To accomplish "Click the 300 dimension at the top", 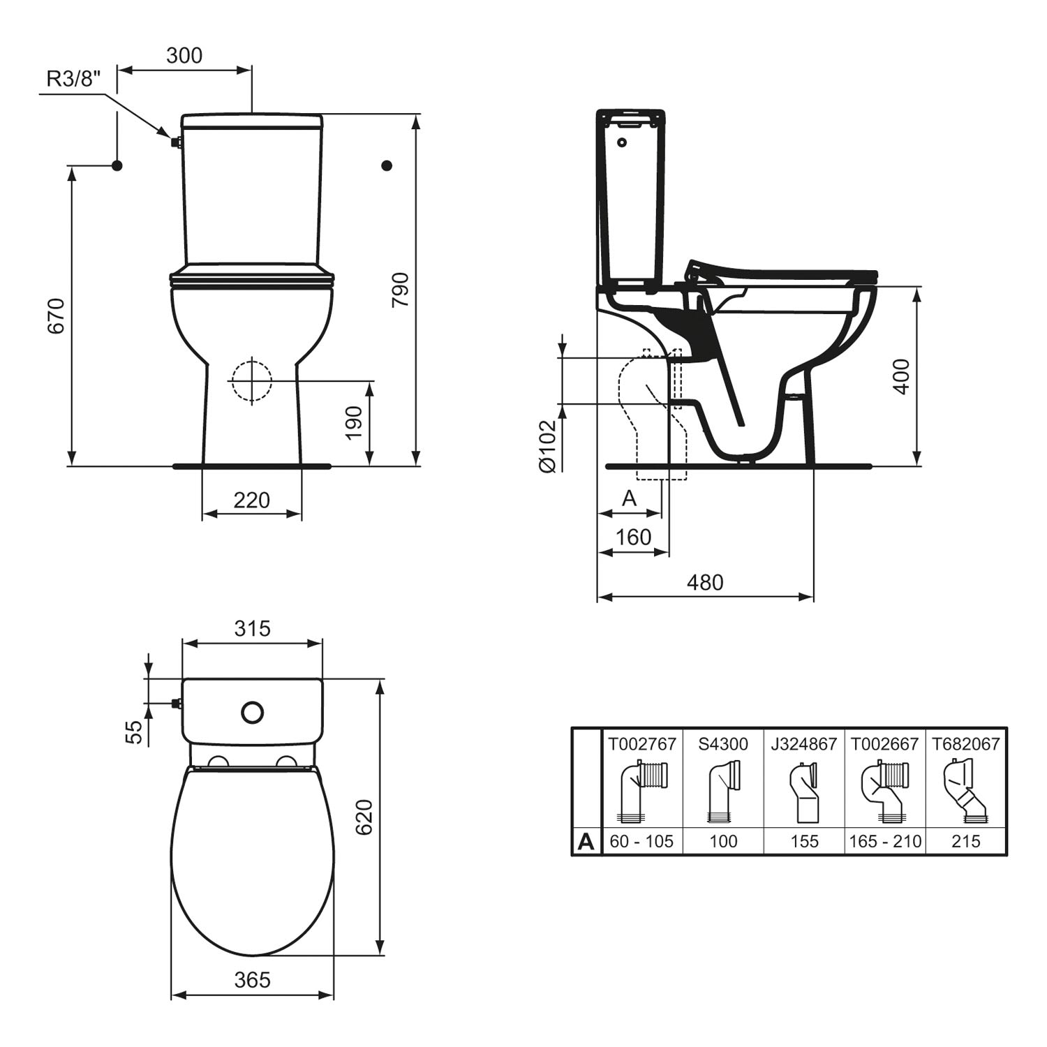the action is pos(184,55).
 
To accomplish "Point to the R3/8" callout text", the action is pos(73,78).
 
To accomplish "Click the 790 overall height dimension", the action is pos(400,290).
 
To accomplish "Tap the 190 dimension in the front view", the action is pos(355,422).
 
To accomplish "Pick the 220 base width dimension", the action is pos(251,500).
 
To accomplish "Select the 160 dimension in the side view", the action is pos(634,537).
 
